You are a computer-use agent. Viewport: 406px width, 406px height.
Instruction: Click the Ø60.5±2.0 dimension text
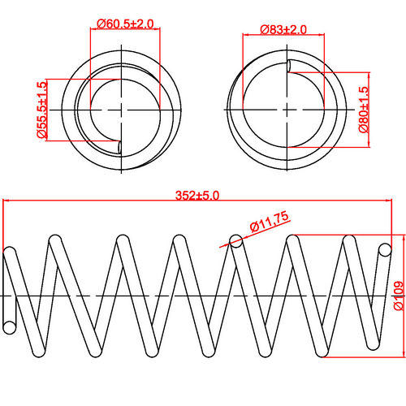125,24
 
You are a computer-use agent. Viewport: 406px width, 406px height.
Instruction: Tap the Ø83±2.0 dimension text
283,30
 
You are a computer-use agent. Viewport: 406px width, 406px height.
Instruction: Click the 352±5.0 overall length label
198,195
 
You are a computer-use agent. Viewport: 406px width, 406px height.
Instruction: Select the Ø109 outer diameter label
398,296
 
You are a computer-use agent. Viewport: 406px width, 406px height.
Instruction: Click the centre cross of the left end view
121,108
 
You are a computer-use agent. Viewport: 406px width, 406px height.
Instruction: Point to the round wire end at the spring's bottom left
10,326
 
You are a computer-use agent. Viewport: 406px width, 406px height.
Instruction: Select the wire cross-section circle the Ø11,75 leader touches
236,240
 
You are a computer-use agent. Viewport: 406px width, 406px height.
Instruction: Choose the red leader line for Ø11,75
244,235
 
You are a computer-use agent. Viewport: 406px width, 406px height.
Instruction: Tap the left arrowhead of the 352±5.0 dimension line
7,202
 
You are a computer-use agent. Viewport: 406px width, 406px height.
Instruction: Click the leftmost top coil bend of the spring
12,253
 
